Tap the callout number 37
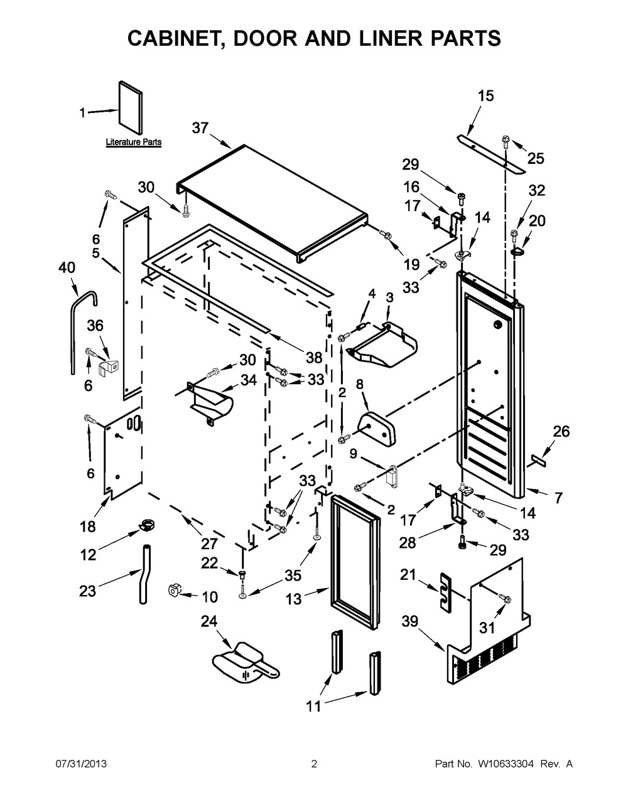pos(200,128)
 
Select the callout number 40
pos(67,268)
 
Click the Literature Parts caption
pos(133,142)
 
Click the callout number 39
pos(409,621)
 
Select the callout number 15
pos(486,96)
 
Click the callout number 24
pos(208,621)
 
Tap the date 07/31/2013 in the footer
pos(81,764)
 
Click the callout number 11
pos(313,707)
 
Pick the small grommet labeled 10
pos(173,589)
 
